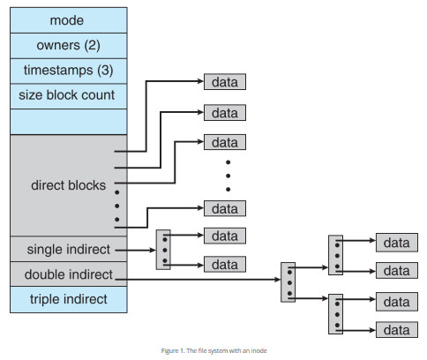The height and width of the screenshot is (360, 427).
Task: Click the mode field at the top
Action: pyautogui.click(x=68, y=19)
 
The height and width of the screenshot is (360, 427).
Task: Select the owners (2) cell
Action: pyautogui.click(x=68, y=45)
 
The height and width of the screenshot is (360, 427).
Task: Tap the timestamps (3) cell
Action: pyautogui.click(x=68, y=70)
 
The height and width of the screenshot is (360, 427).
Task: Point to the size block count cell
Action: pyautogui.click(x=68, y=94)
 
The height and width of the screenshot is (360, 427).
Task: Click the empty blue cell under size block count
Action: pyautogui.click(x=68, y=121)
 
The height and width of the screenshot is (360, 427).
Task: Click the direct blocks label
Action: pyautogui.click(x=68, y=185)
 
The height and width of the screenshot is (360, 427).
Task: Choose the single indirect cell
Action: pyautogui.click(x=68, y=250)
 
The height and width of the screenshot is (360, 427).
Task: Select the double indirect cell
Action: pyautogui.click(x=68, y=274)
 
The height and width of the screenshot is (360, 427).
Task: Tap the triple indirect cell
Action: pyautogui.click(x=68, y=299)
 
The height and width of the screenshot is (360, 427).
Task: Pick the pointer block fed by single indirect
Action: pyautogui.click(x=162, y=250)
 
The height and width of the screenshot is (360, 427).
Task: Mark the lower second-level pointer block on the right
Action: pyautogui.click(x=335, y=315)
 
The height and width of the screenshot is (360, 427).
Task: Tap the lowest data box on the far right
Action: pyautogui.click(x=397, y=330)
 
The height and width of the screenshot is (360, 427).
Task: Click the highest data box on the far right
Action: pyautogui.click(x=397, y=242)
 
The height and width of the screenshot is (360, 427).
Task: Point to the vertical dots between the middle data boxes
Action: pyautogui.click(x=227, y=175)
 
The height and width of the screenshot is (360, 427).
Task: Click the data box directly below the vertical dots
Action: pyautogui.click(x=225, y=208)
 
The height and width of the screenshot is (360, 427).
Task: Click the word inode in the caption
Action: pyautogui.click(x=257, y=351)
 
